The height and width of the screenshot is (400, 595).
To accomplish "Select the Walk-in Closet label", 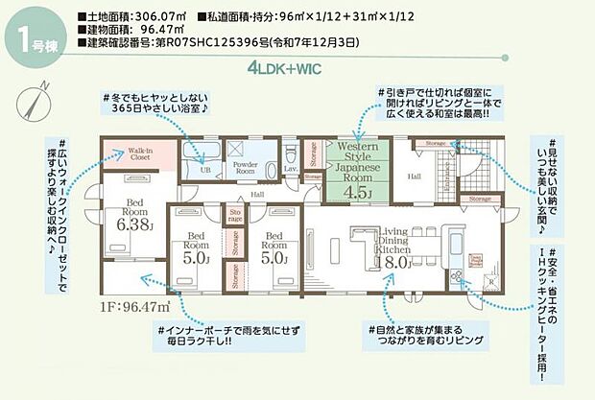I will (130, 153).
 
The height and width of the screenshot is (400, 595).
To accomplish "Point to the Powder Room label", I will (246, 168).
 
